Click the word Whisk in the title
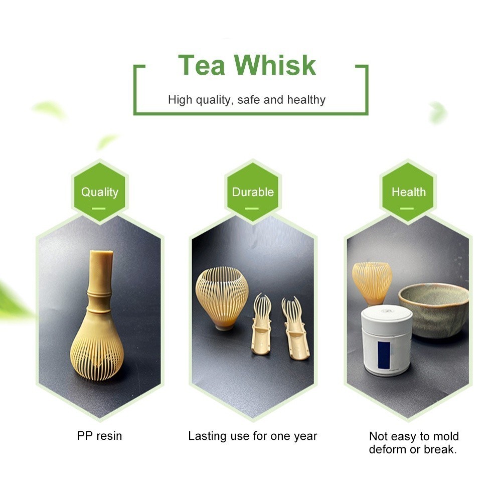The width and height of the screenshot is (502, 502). [275, 65]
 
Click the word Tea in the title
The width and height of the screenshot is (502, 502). [202, 65]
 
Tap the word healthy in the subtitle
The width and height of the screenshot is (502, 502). [306, 100]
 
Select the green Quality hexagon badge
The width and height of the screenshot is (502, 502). [100, 192]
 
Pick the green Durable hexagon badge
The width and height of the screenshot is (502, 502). [253, 192]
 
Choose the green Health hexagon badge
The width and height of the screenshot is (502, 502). [408, 192]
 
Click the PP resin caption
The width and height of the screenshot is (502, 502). [100, 436]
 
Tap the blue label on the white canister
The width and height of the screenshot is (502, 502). [384, 355]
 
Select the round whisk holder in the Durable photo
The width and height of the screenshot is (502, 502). [222, 298]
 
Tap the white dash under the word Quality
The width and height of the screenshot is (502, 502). [99, 209]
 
